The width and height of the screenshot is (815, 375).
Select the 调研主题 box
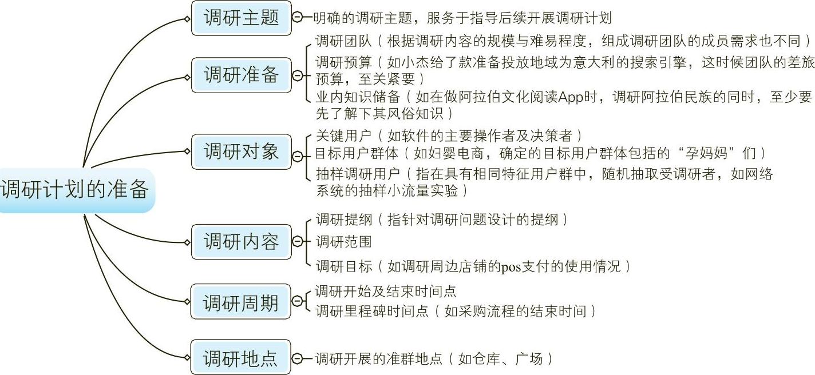(241, 18)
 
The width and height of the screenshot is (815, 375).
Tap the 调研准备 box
(241, 75)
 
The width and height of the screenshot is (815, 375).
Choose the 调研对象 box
(241, 151)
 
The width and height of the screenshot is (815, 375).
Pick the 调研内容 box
(241, 242)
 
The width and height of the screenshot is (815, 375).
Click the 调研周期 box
(241, 301)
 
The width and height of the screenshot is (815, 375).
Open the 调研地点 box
(241, 358)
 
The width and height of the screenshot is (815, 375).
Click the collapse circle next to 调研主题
(297, 18)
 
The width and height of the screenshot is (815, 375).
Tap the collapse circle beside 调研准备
(297, 75)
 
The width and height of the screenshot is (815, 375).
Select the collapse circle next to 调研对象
(297, 156)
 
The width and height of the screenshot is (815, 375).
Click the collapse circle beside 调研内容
(297, 242)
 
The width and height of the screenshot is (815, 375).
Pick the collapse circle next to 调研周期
(297, 301)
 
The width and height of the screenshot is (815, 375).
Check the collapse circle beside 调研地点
(297, 359)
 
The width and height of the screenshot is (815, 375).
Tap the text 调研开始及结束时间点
(385, 292)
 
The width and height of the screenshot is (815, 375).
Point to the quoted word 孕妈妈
(709, 153)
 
